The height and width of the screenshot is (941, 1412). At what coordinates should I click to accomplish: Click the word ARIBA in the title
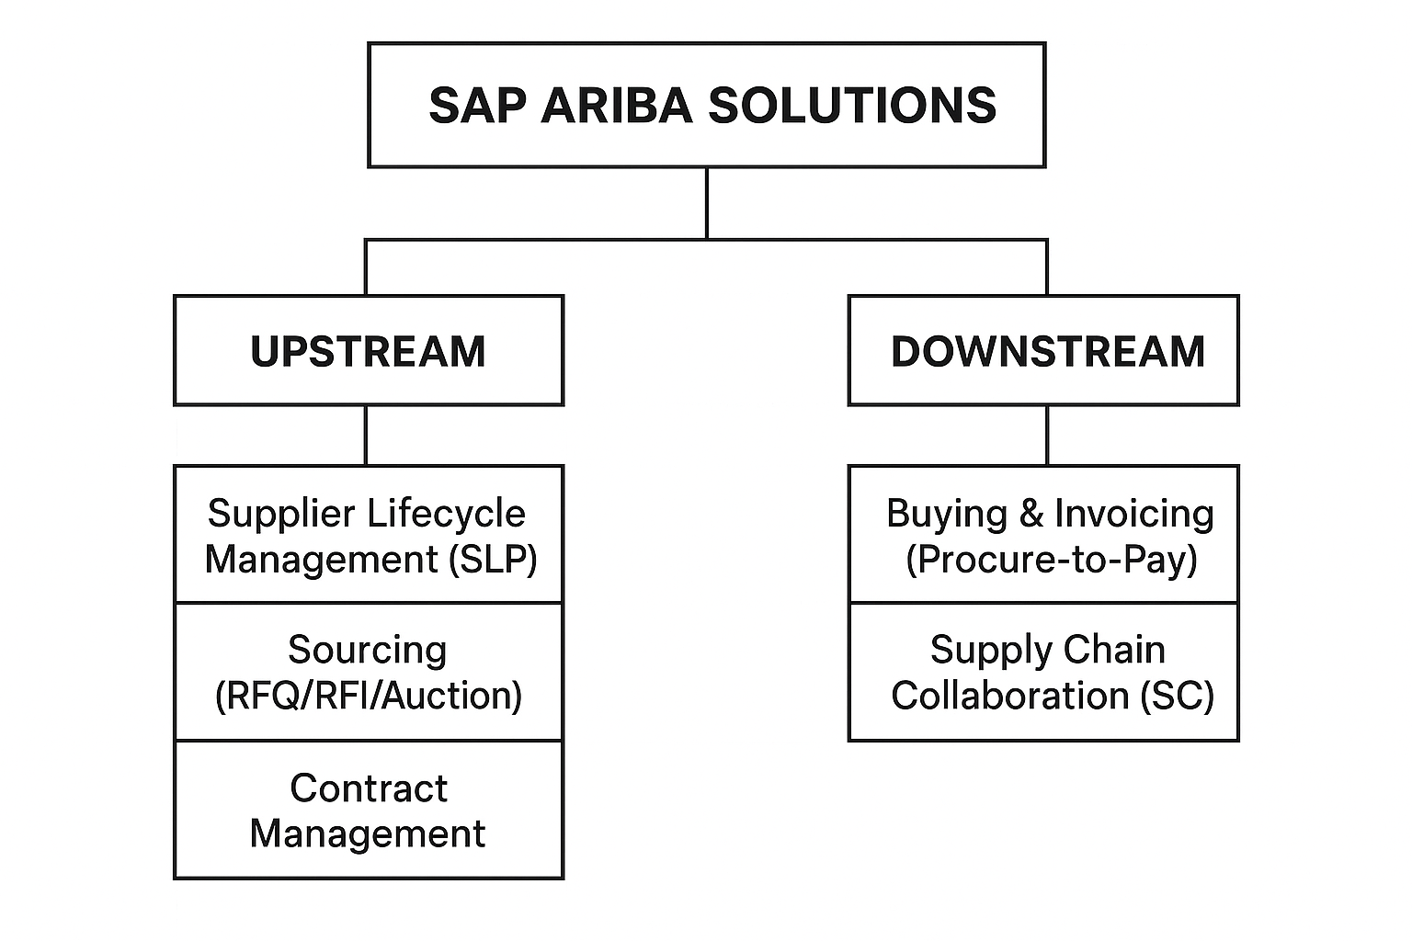[x=616, y=105]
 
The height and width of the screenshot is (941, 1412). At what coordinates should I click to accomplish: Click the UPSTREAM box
[x=368, y=350]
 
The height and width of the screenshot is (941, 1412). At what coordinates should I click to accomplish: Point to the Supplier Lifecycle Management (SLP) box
[x=368, y=535]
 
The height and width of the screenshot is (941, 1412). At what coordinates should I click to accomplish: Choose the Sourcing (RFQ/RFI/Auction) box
[x=368, y=672]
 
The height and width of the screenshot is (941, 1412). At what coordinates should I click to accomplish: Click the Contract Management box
[x=368, y=811]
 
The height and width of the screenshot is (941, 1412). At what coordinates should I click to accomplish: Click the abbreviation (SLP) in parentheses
[x=493, y=559]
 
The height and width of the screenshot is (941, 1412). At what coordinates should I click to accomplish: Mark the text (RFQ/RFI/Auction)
[x=368, y=696]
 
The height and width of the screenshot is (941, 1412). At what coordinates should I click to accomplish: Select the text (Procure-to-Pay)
[x=1052, y=559]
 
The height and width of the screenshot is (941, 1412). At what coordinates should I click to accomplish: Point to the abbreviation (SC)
[x=1177, y=696]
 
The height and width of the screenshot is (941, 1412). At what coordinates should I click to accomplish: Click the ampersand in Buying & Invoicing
[x=1031, y=514]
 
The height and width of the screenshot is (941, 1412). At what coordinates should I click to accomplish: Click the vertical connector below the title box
[x=706, y=202]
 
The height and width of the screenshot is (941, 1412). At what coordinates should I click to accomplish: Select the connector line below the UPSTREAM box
[x=366, y=435]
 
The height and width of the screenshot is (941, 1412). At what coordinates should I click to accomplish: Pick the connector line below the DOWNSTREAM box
[x=1047, y=435]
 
